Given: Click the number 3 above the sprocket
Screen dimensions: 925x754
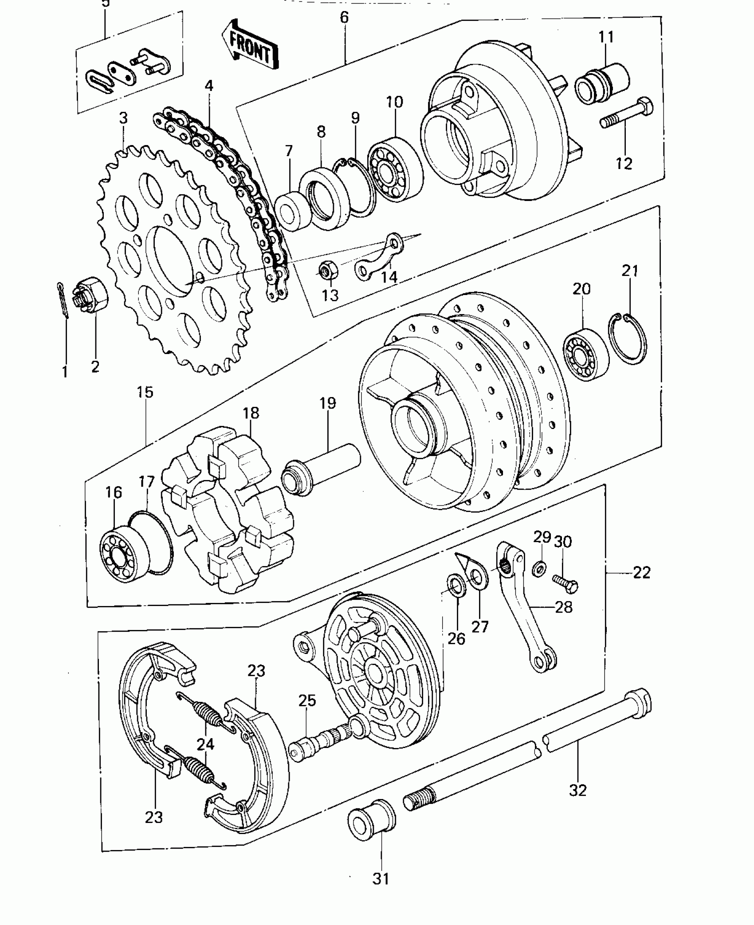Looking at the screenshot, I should [x=123, y=118].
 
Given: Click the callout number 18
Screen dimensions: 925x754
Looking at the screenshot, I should [x=251, y=413].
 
